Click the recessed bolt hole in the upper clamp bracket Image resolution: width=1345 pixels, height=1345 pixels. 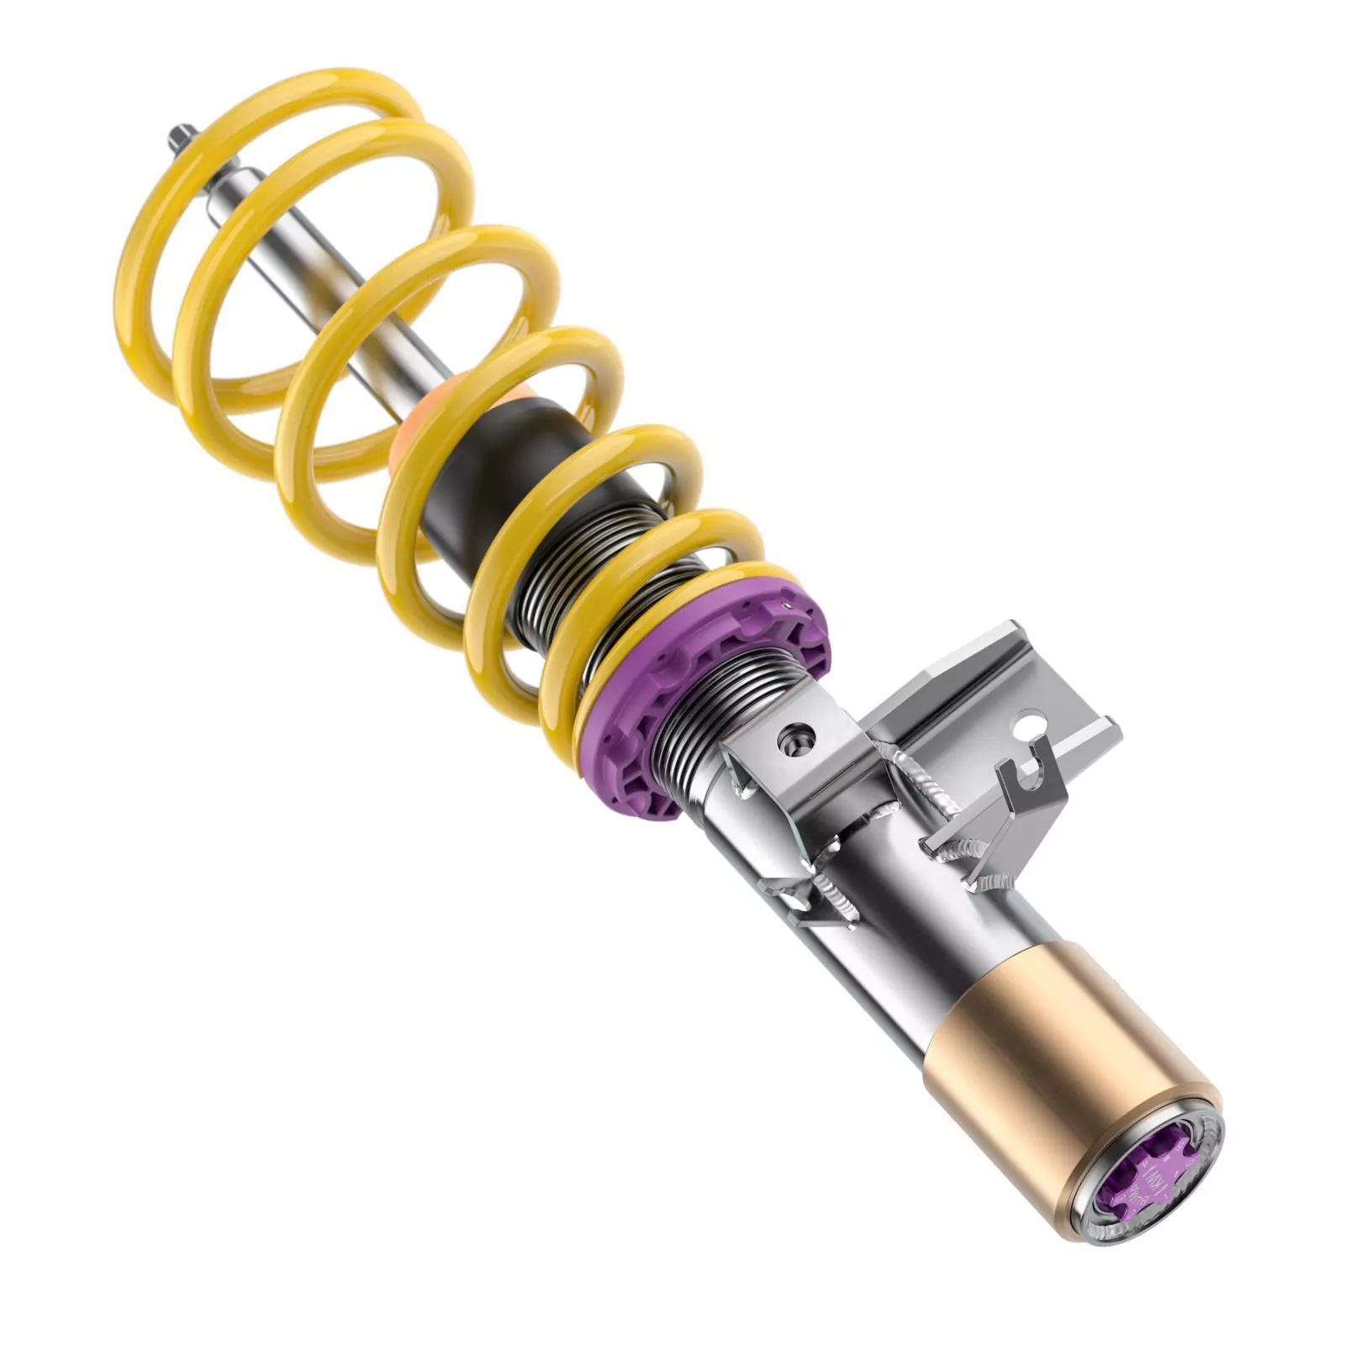(x=796, y=738)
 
